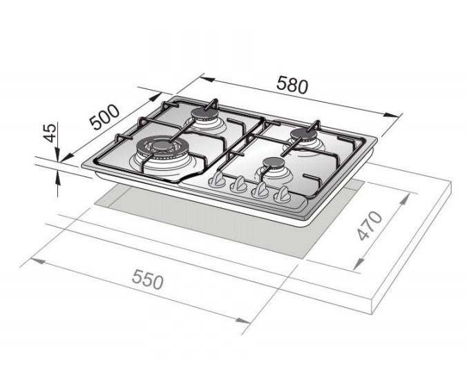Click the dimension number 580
(x=291, y=85)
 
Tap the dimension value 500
(x=105, y=118)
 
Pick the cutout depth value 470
(x=371, y=227)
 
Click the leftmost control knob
(x=217, y=181)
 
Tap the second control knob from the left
(x=238, y=185)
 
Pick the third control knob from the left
(x=260, y=191)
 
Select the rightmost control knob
(x=282, y=196)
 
